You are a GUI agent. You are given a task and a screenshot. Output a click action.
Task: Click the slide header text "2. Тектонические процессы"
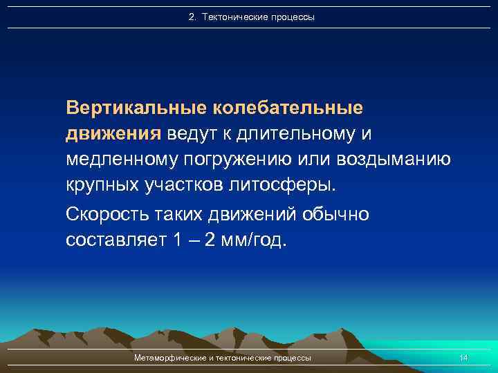pos(251,17)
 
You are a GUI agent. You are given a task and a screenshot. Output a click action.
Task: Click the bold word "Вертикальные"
pos(136,108)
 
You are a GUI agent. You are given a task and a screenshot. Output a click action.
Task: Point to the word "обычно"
pos(335,215)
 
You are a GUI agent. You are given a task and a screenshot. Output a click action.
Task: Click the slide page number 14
pos(463,358)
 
